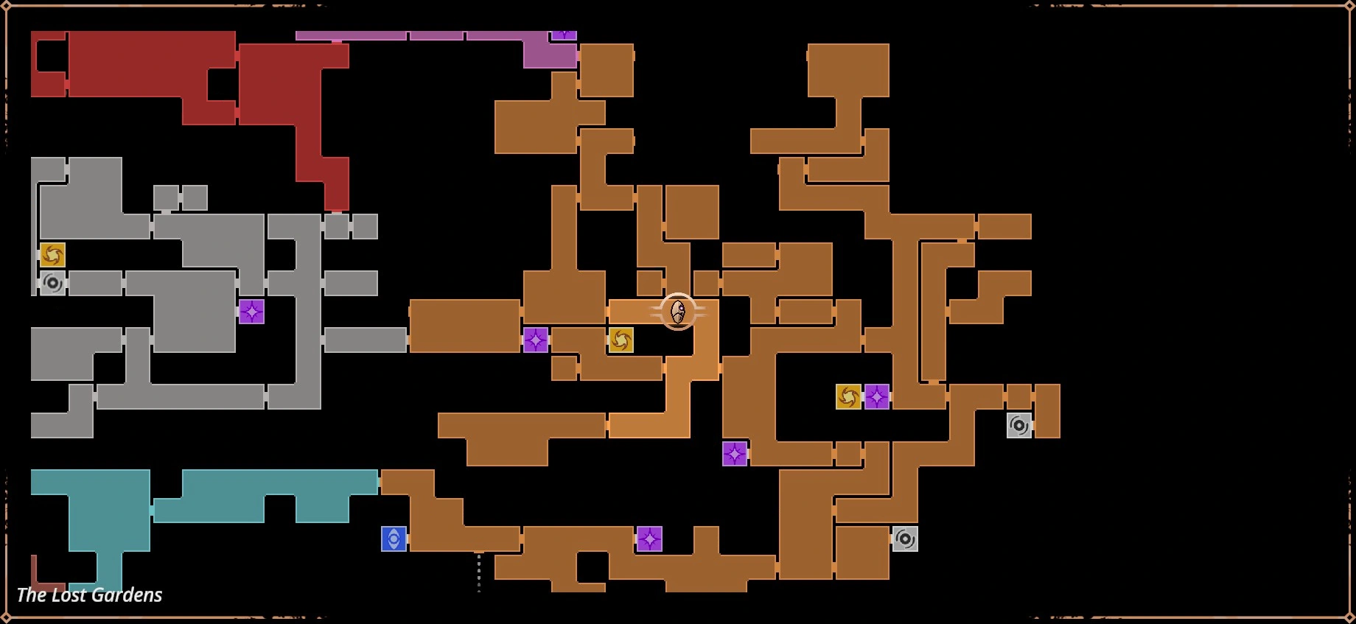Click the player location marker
(678, 312)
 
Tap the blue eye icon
(394, 539)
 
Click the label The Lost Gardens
(89, 595)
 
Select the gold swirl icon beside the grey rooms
(52, 255)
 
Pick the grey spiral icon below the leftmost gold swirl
(52, 283)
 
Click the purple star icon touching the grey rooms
(251, 312)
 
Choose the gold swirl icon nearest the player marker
(621, 340)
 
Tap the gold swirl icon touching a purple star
(848, 396)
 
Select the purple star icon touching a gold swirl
(876, 396)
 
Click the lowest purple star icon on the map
(649, 539)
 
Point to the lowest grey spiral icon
(905, 539)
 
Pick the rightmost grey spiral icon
(1019, 424)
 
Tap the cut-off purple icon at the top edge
(564, 35)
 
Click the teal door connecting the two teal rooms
(152, 510)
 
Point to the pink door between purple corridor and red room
(337, 41)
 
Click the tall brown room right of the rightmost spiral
(1047, 410)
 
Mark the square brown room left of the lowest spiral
(862, 553)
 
